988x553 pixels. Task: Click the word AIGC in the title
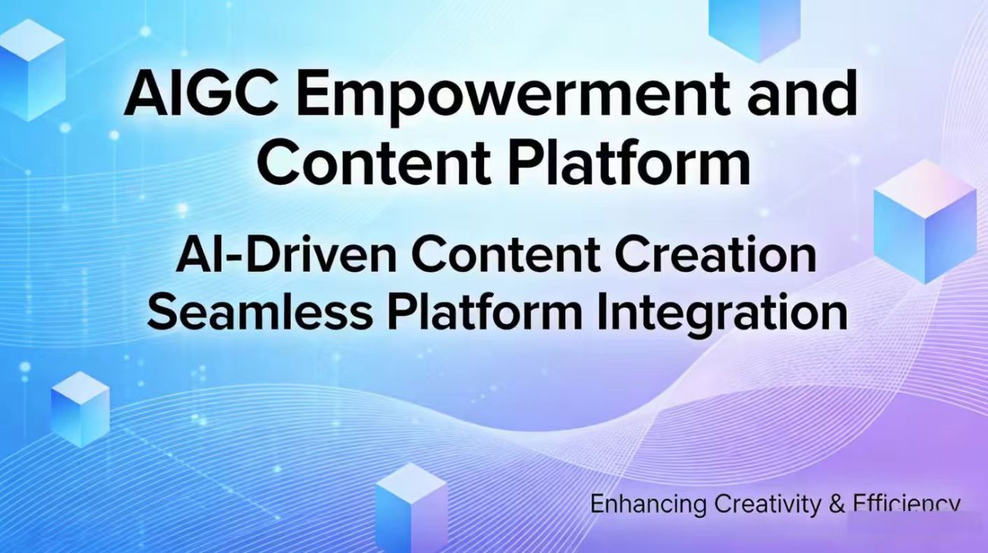click(201, 94)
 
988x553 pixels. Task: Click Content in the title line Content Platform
click(375, 163)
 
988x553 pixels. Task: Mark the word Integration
click(722, 314)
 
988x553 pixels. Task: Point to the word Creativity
click(768, 504)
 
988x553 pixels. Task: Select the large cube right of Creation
click(925, 222)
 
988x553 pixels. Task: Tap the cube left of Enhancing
click(411, 507)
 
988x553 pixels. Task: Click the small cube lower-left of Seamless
click(81, 409)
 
